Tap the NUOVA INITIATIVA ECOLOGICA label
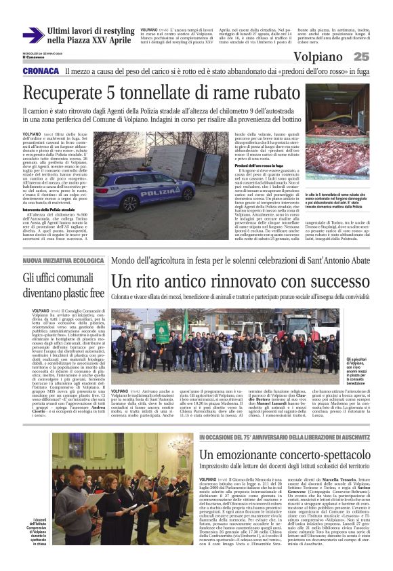point(63,260)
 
